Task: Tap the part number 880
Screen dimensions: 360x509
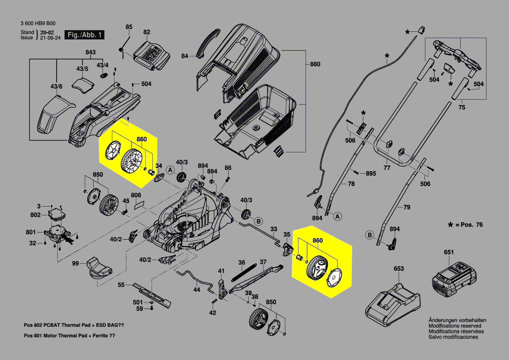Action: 315,65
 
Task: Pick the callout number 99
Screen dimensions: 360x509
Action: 75,264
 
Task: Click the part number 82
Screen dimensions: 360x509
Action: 147,32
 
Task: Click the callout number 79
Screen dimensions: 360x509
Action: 407,207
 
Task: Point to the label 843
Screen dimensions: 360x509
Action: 90,53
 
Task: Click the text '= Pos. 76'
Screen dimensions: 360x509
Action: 468,225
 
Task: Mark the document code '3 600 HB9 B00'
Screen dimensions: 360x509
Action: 38,24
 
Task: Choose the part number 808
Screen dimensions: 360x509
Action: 136,195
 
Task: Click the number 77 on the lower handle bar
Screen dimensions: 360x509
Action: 387,167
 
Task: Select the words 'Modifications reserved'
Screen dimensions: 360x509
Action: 455,326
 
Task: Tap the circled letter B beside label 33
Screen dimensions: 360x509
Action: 258,221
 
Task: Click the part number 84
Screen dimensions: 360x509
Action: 185,56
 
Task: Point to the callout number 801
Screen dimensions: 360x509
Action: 30,231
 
